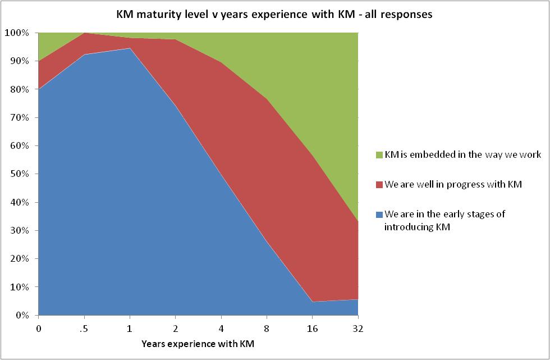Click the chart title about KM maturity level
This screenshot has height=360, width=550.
point(274,15)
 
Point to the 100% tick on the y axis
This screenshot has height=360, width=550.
point(19,33)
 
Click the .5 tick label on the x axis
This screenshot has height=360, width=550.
point(84,328)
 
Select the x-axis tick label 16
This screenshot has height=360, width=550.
point(312,328)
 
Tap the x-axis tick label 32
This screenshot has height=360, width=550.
point(357,328)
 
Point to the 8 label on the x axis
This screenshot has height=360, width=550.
point(267,328)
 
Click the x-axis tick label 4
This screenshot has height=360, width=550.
point(221,328)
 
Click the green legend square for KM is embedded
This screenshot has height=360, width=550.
point(379,154)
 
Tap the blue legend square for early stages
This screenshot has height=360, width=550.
point(379,215)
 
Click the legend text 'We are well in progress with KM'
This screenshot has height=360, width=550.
point(453,184)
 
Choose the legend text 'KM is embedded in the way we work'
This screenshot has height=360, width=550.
point(462,154)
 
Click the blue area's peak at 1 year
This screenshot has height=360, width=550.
point(130,48)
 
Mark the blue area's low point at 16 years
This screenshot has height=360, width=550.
point(312,302)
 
